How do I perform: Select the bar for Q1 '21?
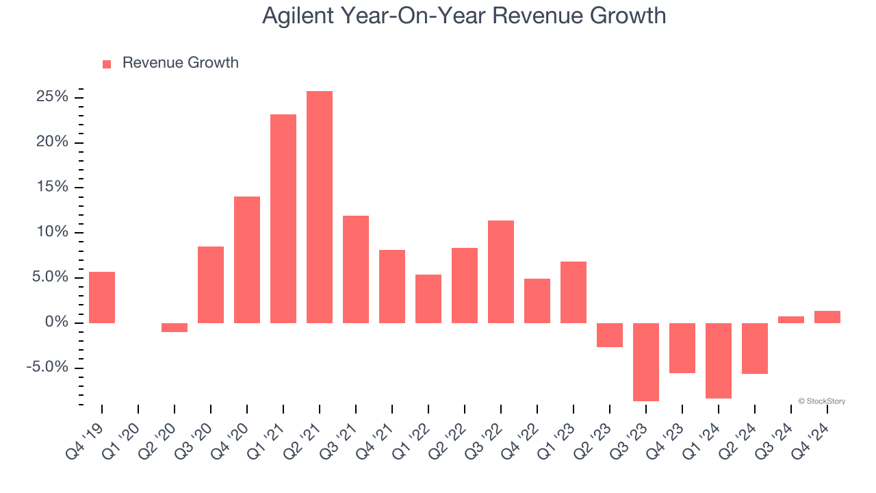click(x=283, y=218)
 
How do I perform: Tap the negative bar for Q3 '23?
click(x=645, y=362)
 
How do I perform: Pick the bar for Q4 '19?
click(x=102, y=297)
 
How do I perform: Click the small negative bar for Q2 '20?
click(x=175, y=327)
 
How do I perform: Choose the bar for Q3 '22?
click(x=501, y=271)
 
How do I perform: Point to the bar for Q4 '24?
click(x=827, y=317)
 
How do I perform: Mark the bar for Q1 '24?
click(x=719, y=360)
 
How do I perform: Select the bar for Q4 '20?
click(x=247, y=260)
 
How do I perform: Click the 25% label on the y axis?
click(x=52, y=97)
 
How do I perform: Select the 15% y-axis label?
click(x=52, y=188)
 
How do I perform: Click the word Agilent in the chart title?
click(x=296, y=16)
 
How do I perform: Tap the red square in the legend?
click(x=107, y=64)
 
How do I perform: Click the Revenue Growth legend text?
click(x=180, y=63)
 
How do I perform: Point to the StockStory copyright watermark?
click(x=821, y=401)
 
